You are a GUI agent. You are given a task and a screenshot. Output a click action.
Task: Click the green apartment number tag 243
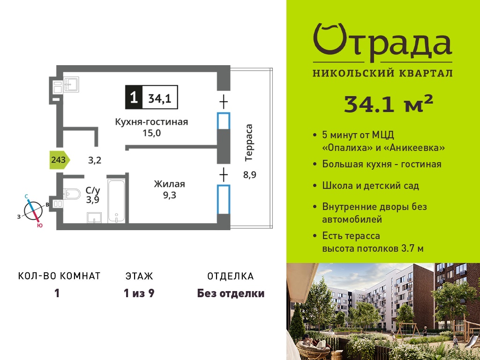point(60,160)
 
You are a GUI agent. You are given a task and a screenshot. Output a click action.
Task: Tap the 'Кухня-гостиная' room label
point(151,122)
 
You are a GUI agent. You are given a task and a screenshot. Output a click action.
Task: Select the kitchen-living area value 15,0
point(151,133)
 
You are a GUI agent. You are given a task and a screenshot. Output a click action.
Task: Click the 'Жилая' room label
point(169,184)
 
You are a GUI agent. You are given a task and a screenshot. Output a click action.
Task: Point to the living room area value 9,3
point(169,195)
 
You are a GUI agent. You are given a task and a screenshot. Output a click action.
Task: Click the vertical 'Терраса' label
point(249,142)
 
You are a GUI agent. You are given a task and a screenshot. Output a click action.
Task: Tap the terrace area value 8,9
point(250,175)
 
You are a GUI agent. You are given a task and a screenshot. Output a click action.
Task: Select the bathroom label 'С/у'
point(93,190)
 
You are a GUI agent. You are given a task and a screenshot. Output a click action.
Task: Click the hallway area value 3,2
point(95,160)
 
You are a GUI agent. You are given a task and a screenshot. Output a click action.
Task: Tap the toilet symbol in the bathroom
point(72,194)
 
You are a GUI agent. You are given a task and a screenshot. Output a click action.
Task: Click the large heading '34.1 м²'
point(389,104)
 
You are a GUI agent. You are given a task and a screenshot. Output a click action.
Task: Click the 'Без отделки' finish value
point(231,293)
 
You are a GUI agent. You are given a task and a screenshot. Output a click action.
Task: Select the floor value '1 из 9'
point(139,293)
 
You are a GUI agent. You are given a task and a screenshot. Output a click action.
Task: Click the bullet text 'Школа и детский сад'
point(370,186)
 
